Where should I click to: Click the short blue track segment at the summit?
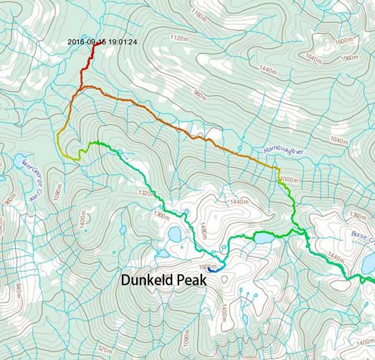click(x=214, y=268)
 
